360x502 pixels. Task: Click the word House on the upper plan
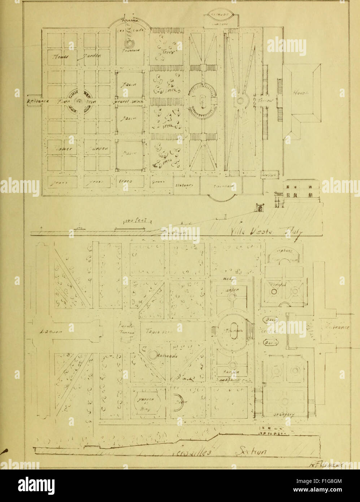299,93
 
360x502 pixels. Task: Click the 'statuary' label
184,185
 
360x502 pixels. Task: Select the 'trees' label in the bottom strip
125,181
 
